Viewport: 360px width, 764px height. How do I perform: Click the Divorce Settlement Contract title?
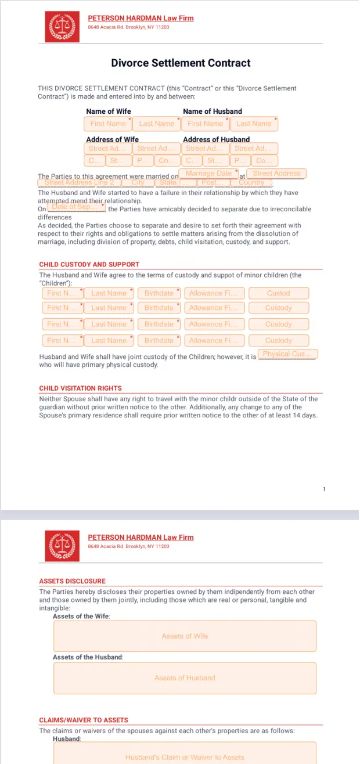[x=181, y=63]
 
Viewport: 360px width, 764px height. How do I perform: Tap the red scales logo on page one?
[x=62, y=27]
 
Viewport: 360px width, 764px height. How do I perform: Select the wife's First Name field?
[x=108, y=124]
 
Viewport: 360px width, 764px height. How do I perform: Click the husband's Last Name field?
[x=254, y=124]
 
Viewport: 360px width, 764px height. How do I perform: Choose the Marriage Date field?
[x=208, y=174]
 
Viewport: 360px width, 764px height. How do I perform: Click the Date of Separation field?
[x=75, y=207]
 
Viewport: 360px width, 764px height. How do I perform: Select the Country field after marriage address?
[x=251, y=183]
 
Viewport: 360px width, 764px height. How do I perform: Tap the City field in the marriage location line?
[x=138, y=183]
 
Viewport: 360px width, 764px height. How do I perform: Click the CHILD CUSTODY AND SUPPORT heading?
[x=89, y=264]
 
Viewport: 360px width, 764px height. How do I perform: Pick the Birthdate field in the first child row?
[x=159, y=293]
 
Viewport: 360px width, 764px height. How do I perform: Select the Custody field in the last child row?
[x=279, y=341]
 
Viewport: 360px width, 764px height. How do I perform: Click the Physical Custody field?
[x=287, y=354]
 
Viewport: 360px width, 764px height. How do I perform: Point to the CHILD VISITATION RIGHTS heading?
[x=81, y=388]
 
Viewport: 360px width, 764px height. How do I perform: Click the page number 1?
[x=324, y=489]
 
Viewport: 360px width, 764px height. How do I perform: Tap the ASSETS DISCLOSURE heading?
[x=73, y=581]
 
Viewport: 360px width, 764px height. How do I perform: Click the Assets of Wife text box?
[x=185, y=636]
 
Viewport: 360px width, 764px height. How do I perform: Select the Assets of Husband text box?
[x=185, y=678]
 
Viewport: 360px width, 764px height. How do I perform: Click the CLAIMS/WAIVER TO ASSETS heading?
[x=84, y=720]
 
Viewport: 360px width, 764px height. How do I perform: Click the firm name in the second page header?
[x=141, y=537]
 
